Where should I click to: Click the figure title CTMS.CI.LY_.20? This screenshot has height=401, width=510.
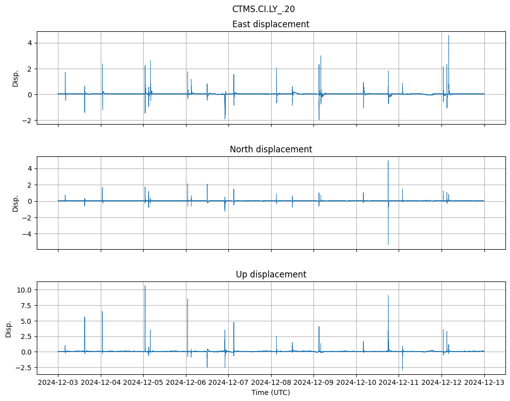(264, 9)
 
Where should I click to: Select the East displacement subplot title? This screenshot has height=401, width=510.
(271, 24)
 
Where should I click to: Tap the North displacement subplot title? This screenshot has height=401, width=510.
(271, 149)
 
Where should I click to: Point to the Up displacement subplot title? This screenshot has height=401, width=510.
(271, 274)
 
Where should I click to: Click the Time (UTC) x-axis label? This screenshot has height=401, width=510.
(271, 392)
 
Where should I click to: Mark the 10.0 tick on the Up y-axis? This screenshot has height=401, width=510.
(25, 290)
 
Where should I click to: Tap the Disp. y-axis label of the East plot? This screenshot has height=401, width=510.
(16, 78)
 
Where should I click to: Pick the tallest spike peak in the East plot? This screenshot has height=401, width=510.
(449, 35)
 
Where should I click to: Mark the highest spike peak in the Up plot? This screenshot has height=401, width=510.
(145, 286)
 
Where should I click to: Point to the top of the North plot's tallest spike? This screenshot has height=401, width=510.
(388, 160)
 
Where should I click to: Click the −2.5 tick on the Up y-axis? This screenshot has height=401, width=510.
(25, 368)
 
